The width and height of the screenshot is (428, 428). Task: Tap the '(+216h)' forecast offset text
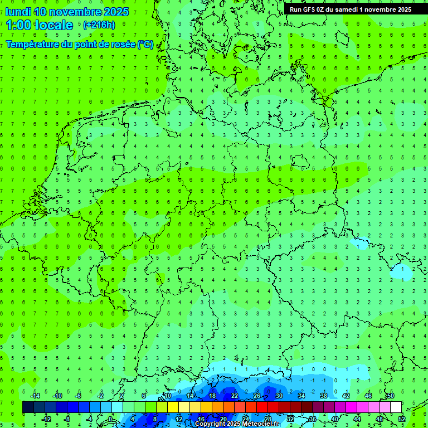(99, 25)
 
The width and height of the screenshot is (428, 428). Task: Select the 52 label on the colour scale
(401, 419)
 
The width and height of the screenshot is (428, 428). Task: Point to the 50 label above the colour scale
(390, 396)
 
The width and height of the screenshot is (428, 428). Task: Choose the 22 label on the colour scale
(235, 396)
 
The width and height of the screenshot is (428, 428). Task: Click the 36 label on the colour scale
(312, 419)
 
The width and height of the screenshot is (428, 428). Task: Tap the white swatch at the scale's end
(396, 407)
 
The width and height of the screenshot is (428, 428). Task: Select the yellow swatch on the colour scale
(173, 407)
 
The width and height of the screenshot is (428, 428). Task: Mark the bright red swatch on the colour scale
(262, 407)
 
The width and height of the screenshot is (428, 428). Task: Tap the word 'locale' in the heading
(53, 25)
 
